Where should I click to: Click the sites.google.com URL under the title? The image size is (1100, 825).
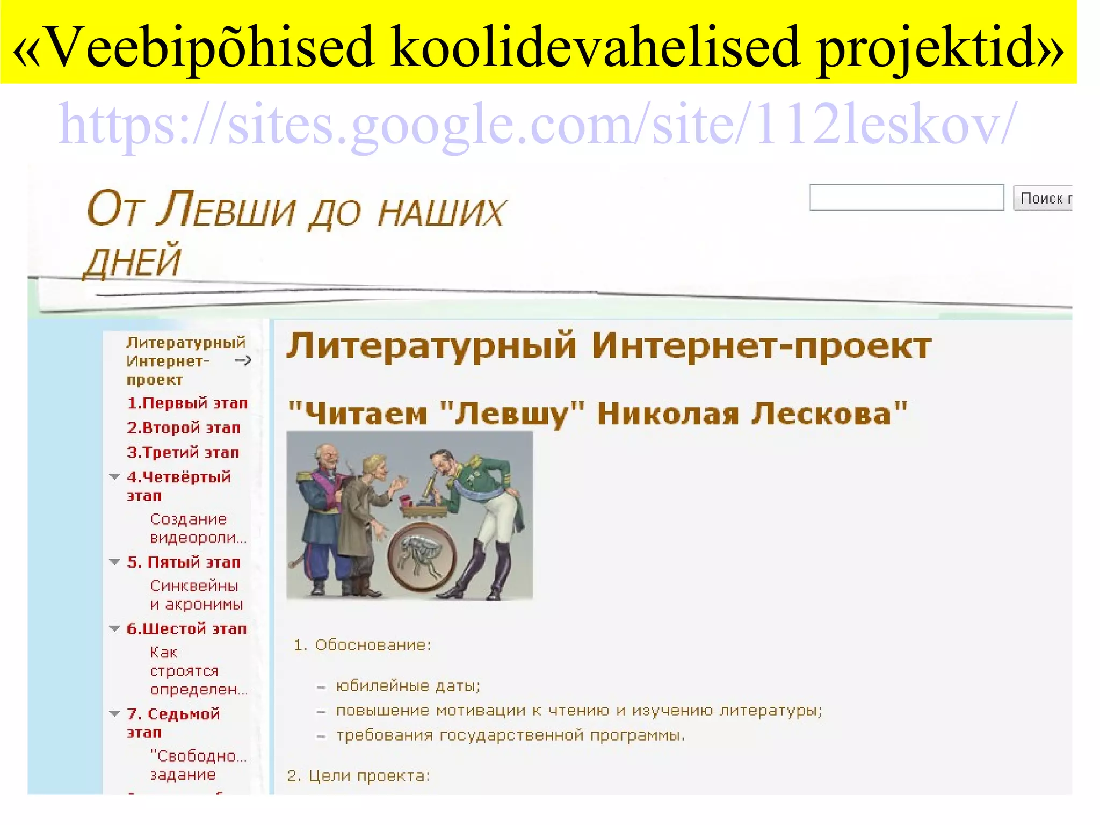pos(537,125)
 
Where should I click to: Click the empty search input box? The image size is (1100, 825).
pos(906,198)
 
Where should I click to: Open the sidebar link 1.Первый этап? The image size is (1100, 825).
pos(187,403)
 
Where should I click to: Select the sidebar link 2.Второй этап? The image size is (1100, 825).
pos(183,428)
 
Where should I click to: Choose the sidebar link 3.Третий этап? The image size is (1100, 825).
pos(183,452)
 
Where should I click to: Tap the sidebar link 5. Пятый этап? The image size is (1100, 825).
pos(183,562)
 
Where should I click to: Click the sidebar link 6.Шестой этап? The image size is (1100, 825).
pos(186,629)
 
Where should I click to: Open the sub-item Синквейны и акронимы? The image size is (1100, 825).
pos(196,595)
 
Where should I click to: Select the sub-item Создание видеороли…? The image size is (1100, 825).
pos(198,529)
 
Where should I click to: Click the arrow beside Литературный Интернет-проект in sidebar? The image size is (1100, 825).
pos(243,360)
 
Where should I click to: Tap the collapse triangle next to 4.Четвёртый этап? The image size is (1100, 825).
pos(114,476)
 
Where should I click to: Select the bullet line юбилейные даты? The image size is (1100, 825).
pos(408,686)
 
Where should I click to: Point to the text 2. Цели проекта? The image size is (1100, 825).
pos(358,776)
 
